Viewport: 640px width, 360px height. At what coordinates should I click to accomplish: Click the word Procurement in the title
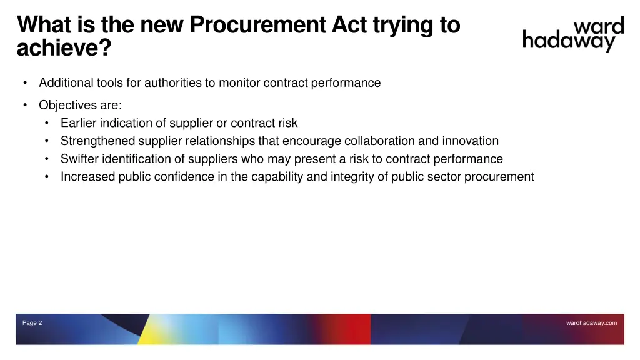tap(257, 25)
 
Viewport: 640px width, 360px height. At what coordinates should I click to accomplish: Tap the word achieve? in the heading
tap(63, 48)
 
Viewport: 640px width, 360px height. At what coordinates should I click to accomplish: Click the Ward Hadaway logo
tap(573, 35)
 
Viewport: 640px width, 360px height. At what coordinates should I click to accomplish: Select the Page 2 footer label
tap(32, 323)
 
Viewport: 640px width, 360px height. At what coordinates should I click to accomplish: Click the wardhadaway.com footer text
tap(591, 323)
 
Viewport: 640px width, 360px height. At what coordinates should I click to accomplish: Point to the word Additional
tap(66, 82)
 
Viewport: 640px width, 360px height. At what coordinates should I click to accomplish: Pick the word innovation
tap(470, 141)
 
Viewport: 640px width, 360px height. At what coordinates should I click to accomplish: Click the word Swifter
tap(79, 159)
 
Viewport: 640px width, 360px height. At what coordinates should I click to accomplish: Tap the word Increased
tap(87, 177)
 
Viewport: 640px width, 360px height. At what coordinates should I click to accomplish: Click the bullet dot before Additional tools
tap(24, 82)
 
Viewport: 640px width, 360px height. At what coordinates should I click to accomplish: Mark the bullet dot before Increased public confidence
tap(47, 177)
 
